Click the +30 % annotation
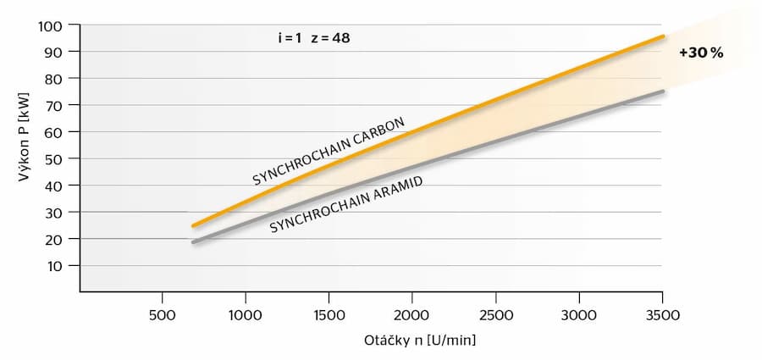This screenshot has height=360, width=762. click(701, 53)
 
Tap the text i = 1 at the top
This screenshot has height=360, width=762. click(290, 38)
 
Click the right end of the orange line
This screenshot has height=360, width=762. click(663, 36)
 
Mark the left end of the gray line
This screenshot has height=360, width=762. click(194, 242)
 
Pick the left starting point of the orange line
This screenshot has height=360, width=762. click(194, 225)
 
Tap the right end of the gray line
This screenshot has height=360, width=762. click(663, 91)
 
